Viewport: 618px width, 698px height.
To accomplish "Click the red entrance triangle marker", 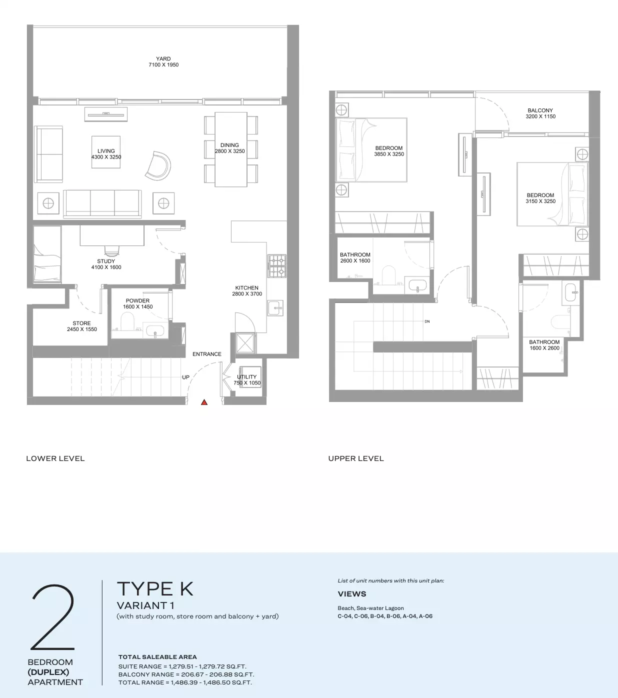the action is [204, 402].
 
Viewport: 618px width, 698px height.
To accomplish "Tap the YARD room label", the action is [163, 58].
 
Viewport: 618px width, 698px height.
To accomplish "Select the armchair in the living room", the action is [158, 165].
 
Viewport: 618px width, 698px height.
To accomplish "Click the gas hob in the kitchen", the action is [277, 266].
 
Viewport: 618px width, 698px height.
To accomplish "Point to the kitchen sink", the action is [275, 307].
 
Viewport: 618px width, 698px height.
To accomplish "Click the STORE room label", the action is [81, 323].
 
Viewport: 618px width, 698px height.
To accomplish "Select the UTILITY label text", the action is [246, 376].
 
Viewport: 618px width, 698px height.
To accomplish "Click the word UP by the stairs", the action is [185, 377].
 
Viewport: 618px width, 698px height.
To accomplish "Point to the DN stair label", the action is [427, 321].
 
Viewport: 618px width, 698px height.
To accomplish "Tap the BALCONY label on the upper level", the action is [540, 110].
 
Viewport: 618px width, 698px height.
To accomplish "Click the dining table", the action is [231, 149].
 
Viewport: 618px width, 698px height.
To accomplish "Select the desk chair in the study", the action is [111, 251].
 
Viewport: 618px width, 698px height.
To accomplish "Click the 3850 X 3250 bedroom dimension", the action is [389, 154].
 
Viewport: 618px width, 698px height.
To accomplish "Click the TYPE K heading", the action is [155, 588].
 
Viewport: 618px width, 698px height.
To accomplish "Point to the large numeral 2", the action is [53, 616].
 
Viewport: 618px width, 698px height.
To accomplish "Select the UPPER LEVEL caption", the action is [356, 458].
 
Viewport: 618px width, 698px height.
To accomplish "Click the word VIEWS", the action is [351, 594].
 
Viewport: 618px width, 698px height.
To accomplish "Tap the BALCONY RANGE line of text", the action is [186, 674].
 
